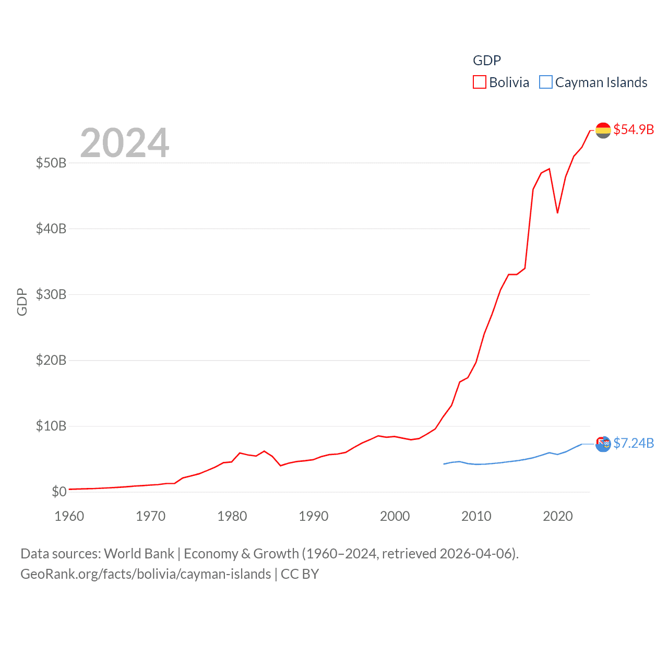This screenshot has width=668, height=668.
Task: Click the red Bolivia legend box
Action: [x=479, y=82]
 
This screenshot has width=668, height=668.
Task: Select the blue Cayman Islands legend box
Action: [x=545, y=82]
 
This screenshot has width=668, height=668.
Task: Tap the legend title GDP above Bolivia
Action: [x=486, y=61]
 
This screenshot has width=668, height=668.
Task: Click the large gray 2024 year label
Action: [x=125, y=142]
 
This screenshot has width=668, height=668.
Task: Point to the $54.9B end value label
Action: [x=634, y=129]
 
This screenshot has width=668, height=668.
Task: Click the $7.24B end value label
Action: [x=634, y=443]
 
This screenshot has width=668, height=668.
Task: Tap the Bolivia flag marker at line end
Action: [x=603, y=130]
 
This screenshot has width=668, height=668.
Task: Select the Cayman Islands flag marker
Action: [x=603, y=444]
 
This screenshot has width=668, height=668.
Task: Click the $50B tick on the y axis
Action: [x=51, y=163]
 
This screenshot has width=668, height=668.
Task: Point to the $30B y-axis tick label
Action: [x=51, y=294]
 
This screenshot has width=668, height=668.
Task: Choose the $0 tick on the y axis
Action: [x=59, y=492]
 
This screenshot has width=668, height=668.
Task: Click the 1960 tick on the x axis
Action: [x=69, y=516]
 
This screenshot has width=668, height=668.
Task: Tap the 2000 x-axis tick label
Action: [x=395, y=516]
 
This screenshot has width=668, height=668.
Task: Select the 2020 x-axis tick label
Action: [x=558, y=516]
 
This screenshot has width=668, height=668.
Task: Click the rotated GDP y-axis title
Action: [x=22, y=302]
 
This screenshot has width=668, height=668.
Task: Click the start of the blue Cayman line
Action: [x=444, y=464]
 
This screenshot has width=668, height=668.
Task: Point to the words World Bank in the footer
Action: [x=139, y=554]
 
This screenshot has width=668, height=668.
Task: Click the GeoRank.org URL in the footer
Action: [x=146, y=574]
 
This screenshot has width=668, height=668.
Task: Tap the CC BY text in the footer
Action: [x=300, y=574]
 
